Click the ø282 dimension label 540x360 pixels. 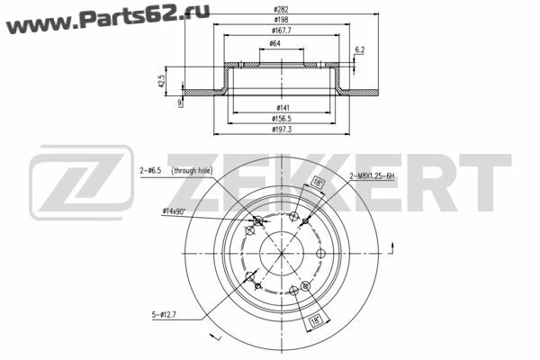[x=282, y=9]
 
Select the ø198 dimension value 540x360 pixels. [x=282, y=20]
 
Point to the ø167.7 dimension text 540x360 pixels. [x=282, y=31]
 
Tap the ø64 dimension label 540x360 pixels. [x=274, y=43]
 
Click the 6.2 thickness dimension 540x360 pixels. [x=359, y=50]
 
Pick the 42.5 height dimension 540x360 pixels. [x=161, y=81]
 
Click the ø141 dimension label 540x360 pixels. [x=283, y=108]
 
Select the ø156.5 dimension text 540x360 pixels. [x=282, y=119]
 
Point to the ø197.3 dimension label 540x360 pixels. [x=282, y=130]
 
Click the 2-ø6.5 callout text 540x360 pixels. [x=150, y=170]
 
